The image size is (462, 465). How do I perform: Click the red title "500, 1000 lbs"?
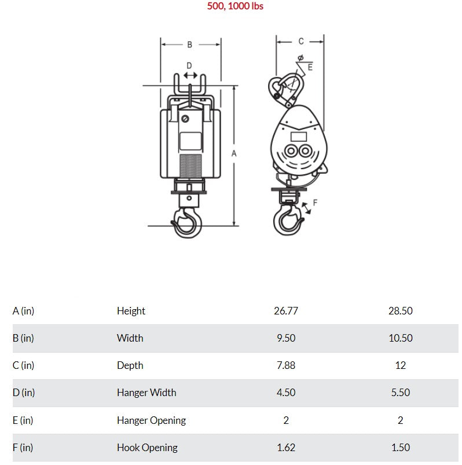coord(235,6)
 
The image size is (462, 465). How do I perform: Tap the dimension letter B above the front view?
coord(190,45)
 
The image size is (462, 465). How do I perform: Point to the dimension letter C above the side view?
coord(301,41)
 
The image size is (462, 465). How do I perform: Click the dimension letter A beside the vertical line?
coord(234,153)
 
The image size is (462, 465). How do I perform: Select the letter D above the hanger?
coord(189,65)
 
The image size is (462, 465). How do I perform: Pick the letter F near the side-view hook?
coord(315,203)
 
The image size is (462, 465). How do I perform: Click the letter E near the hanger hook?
coord(310,67)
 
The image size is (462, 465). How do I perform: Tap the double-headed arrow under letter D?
coord(190,75)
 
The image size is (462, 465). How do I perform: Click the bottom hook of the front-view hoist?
coord(187,222)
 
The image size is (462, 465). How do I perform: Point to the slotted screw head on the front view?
coord(185,119)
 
